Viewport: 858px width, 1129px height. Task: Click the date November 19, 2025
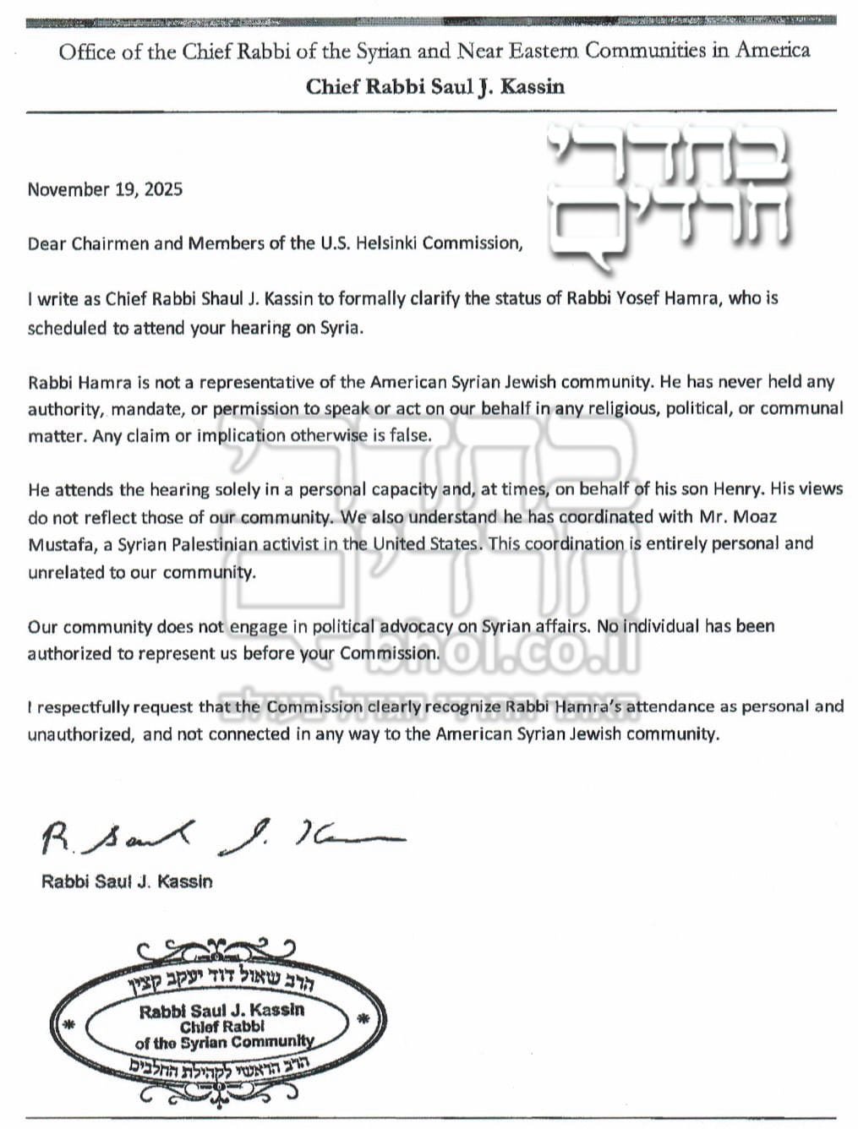click(x=105, y=189)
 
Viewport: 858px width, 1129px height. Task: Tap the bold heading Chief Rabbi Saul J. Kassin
click(x=434, y=86)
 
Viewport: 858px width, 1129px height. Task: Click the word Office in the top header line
click(x=87, y=52)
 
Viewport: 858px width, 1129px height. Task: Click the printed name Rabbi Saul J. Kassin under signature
click(x=127, y=881)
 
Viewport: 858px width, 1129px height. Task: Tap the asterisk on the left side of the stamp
click(x=69, y=1025)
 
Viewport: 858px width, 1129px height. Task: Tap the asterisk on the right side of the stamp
click(x=364, y=1019)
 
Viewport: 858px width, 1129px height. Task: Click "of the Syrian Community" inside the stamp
click(x=224, y=1043)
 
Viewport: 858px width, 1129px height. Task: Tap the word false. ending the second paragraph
click(x=407, y=436)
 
